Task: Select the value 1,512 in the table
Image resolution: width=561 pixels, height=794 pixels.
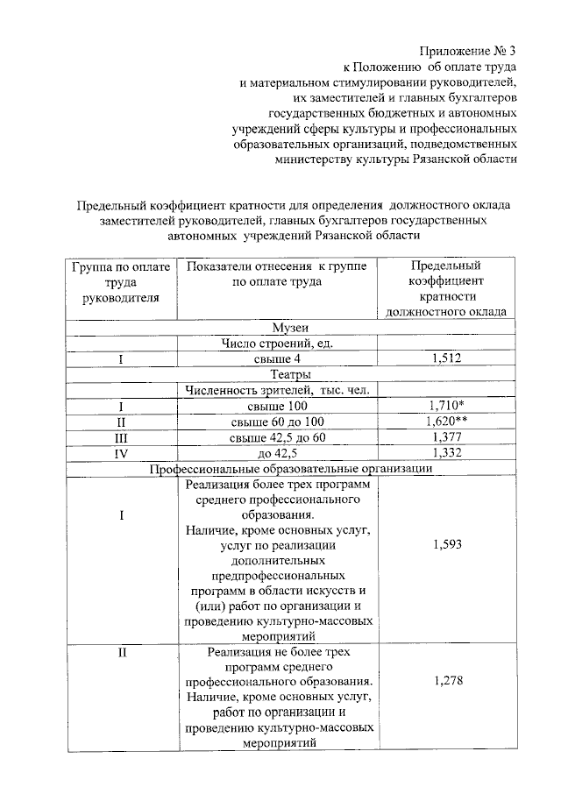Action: tap(447, 358)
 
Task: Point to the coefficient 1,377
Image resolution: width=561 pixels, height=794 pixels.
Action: tap(447, 436)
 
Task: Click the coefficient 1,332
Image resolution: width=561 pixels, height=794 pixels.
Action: tap(447, 452)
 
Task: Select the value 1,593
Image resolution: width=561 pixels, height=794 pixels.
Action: tap(447, 545)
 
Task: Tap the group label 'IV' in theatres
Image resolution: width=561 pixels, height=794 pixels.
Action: tap(121, 452)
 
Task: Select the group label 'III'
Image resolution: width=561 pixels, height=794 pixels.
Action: tap(121, 436)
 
